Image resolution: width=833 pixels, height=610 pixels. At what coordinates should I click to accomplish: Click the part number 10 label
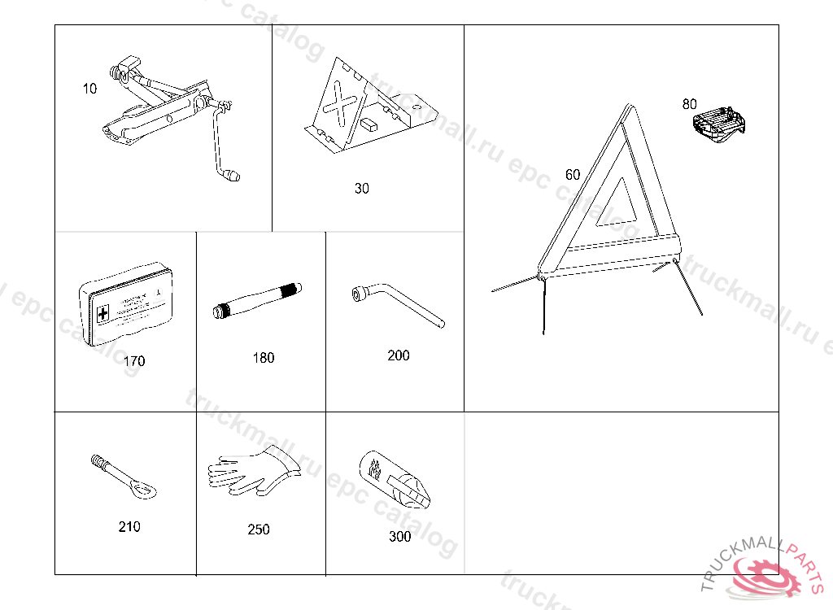click(89, 89)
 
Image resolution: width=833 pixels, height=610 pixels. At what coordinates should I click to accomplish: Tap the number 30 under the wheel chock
click(361, 189)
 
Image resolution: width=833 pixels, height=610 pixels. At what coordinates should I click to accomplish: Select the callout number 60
click(573, 175)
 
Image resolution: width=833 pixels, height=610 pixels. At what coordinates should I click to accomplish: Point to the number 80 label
click(690, 104)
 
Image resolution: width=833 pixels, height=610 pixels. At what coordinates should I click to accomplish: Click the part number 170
click(134, 361)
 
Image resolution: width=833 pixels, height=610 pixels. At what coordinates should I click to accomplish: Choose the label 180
click(264, 358)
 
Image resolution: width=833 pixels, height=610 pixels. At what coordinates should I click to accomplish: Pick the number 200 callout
click(399, 355)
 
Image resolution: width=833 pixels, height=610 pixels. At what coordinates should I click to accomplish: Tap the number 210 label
click(129, 527)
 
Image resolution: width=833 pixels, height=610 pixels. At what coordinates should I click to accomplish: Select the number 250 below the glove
click(259, 529)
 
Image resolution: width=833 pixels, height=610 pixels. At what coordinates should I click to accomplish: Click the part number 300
click(400, 537)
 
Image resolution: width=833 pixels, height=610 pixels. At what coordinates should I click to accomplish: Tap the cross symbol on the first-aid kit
click(102, 313)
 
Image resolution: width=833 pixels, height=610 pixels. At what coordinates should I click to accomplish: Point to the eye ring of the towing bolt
click(145, 489)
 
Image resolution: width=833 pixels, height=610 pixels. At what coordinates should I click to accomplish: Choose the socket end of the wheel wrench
click(358, 292)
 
